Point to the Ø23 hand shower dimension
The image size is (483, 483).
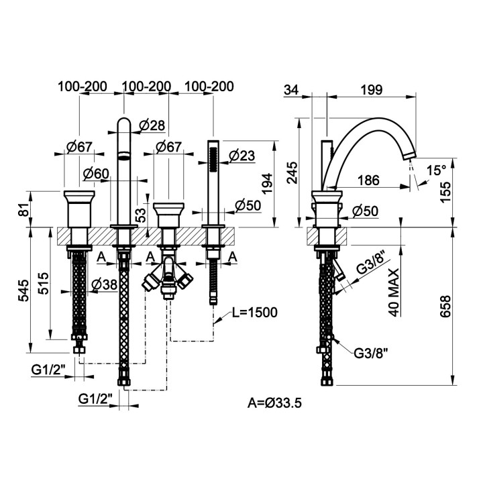pyautogui.click(x=241, y=156)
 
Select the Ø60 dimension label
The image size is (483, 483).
pyautogui.click(x=97, y=174)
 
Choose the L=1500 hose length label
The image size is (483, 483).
pyautogui.click(x=254, y=313)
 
